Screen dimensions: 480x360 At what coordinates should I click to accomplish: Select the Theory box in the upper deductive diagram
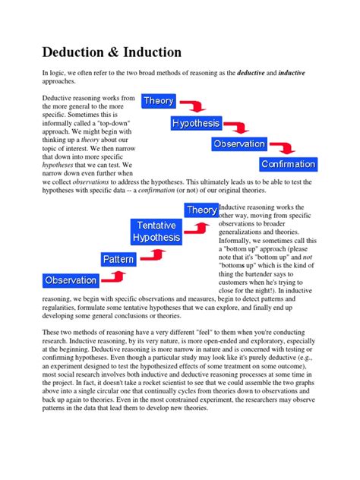point(159,101)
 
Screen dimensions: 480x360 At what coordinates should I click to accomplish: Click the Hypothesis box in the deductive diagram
point(195,123)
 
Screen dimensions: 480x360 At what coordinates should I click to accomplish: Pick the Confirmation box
point(288,163)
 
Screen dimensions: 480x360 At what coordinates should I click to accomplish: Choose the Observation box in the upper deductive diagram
point(239,144)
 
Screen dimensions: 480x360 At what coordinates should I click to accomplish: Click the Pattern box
point(119,260)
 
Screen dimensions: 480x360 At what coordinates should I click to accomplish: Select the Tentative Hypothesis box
point(158,232)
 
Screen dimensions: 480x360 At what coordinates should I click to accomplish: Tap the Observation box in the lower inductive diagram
point(71,280)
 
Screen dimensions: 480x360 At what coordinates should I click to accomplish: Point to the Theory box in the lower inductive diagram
point(201,210)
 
